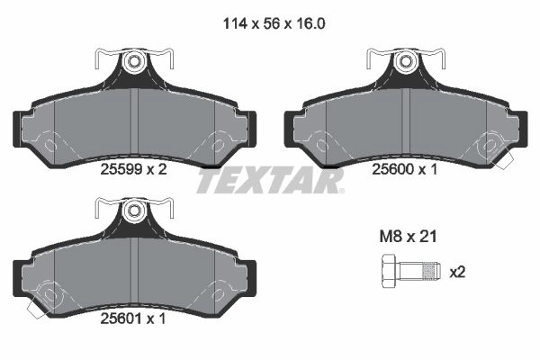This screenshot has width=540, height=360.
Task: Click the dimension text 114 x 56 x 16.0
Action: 274,23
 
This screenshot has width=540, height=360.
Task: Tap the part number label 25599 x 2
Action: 133,169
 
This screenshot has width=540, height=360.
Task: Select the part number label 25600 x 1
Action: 404,169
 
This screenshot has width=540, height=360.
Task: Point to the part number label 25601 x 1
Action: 133,319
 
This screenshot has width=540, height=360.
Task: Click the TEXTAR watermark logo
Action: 270,181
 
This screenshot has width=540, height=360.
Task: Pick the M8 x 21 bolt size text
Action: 408,237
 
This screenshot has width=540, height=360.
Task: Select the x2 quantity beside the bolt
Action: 457,273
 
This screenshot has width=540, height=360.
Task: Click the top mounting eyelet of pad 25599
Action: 133,62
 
